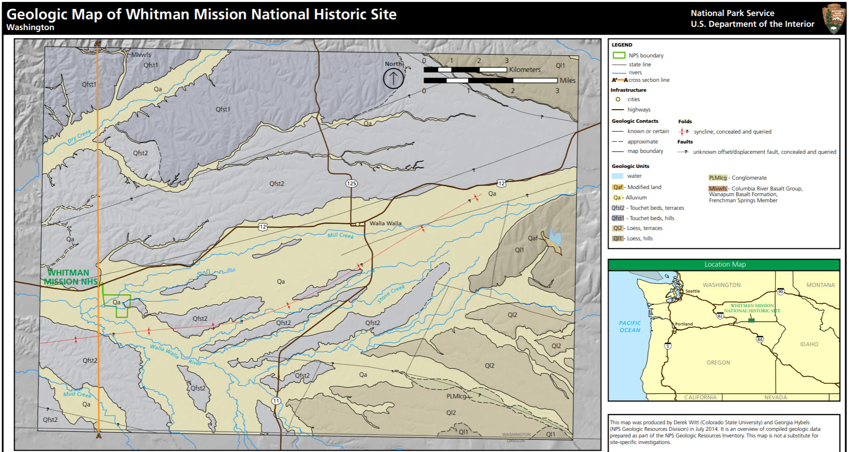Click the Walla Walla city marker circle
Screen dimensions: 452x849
click(358, 224)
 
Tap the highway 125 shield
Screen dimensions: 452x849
click(351, 183)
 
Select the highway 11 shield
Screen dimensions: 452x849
click(276, 401)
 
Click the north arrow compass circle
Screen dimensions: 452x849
click(393, 78)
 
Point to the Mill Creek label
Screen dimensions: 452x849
click(341, 235)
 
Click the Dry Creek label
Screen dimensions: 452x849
click(79, 136)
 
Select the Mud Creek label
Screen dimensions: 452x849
click(78, 394)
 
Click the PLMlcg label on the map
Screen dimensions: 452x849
click(456, 396)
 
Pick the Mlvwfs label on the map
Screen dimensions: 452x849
click(141, 55)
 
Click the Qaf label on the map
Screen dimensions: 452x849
click(533, 238)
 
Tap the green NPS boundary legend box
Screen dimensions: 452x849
click(619, 55)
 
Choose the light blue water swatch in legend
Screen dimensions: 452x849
click(618, 176)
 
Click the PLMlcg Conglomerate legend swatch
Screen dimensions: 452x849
click(717, 178)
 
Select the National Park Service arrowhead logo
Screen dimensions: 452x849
click(834, 19)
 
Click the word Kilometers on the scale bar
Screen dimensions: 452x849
click(525, 70)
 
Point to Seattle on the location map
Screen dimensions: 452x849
click(692, 291)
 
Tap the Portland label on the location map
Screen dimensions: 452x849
click(684, 324)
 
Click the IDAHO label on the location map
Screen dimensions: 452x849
click(809, 344)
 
